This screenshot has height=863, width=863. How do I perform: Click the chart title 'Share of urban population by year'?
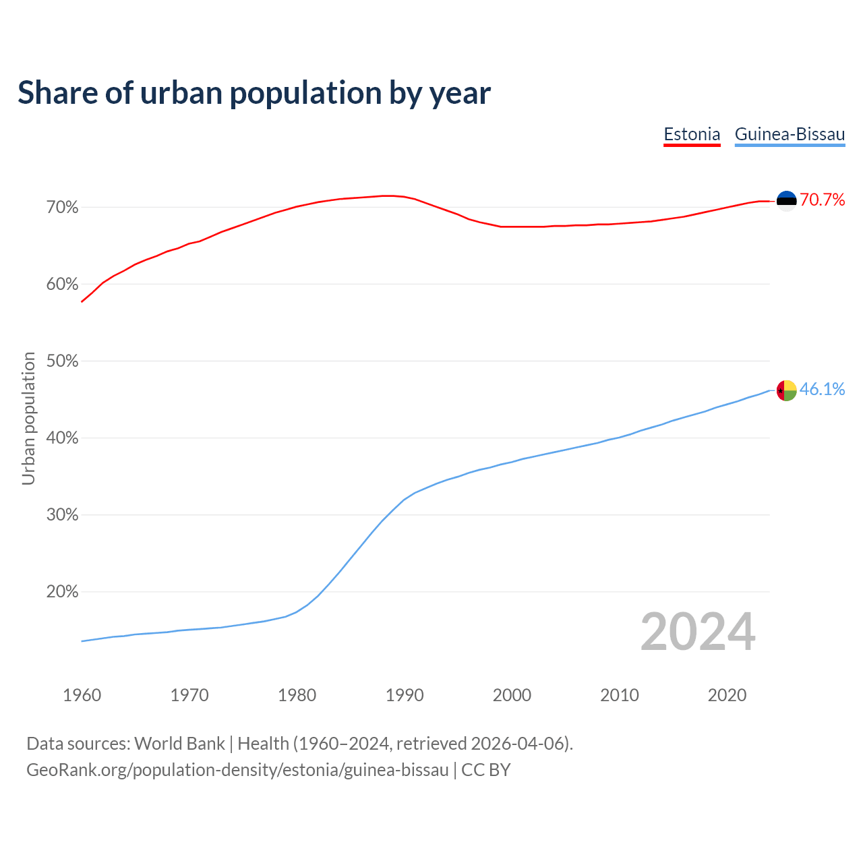254,93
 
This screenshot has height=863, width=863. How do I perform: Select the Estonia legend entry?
692,134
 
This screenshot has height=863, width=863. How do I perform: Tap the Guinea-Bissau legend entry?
790,134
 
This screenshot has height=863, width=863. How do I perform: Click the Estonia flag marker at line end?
787,200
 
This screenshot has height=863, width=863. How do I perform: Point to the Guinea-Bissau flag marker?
787,390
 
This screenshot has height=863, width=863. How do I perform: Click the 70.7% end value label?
823,200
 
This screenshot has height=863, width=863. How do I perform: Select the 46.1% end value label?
823,390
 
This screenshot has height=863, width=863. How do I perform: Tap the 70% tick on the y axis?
62,208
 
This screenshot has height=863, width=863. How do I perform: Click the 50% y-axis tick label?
62,361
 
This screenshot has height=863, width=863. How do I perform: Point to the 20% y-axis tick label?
62,592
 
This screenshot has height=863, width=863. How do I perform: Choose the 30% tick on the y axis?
62,515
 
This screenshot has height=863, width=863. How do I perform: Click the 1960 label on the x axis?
82,695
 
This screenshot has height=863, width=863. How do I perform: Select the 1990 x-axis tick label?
405,695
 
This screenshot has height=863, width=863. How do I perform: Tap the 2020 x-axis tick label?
727,695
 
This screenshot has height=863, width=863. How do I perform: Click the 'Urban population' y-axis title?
28,419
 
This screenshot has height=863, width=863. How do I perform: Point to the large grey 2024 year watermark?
698,632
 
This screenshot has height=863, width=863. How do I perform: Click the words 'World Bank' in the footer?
179,744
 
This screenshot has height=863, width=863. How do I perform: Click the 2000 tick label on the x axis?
512,695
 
